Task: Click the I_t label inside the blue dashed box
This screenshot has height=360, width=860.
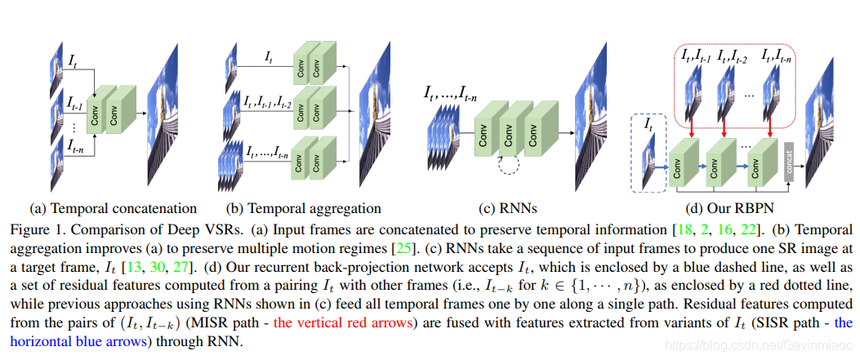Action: coord(648,125)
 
